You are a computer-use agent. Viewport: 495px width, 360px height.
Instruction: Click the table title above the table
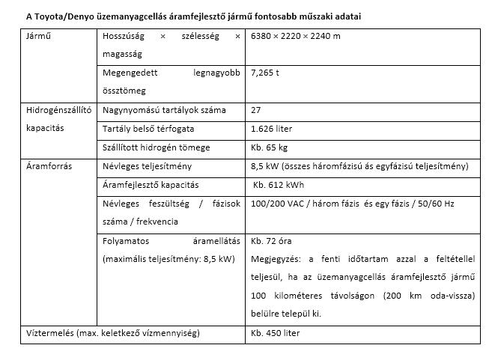pyautogui.click(x=192, y=16)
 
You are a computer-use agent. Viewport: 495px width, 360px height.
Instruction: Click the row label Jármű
pyautogui.click(x=38, y=36)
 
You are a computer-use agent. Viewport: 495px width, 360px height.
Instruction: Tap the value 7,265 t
pyautogui.click(x=266, y=73)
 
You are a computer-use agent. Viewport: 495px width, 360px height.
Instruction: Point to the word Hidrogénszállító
pyautogui.click(x=58, y=110)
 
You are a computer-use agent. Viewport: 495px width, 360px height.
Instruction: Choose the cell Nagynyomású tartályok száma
pyautogui.click(x=164, y=110)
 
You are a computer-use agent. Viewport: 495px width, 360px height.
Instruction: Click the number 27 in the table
pyautogui.click(x=257, y=110)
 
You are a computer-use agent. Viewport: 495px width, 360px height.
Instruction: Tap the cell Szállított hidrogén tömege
pyautogui.click(x=157, y=147)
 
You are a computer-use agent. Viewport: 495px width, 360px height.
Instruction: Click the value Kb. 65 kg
pyautogui.click(x=270, y=147)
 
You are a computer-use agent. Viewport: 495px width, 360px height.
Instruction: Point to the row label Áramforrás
pyautogui.click(x=48, y=166)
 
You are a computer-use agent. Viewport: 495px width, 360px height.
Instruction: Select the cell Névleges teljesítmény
pyautogui.click(x=148, y=166)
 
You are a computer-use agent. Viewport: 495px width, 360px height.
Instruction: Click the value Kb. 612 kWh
pyautogui.click(x=279, y=185)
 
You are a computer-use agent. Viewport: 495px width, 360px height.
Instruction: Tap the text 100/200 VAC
pyautogui.click(x=275, y=204)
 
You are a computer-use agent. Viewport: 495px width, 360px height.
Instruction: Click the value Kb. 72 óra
pyautogui.click(x=271, y=241)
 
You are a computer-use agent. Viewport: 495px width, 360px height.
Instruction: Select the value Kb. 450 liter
pyautogui.click(x=276, y=333)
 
